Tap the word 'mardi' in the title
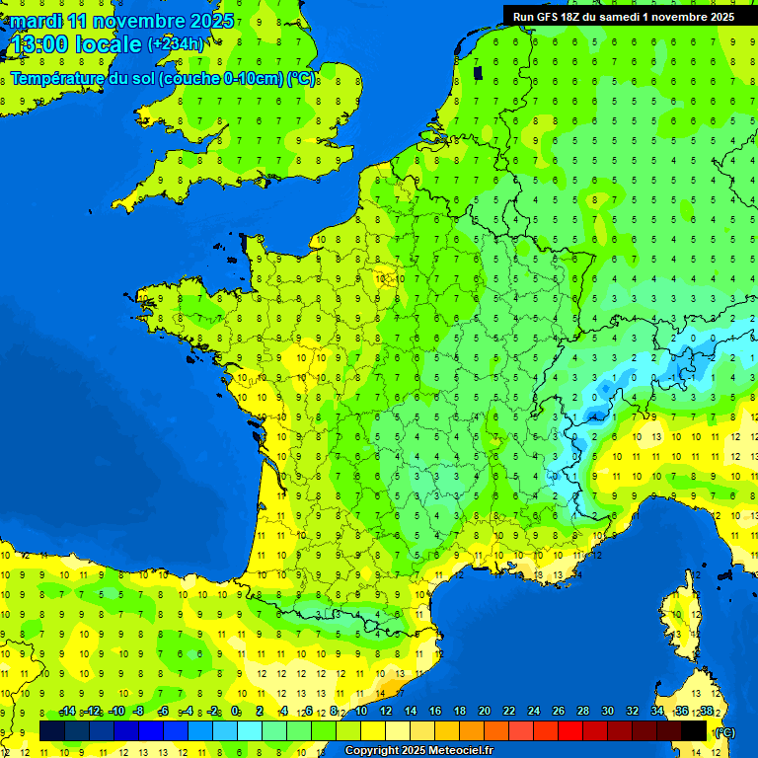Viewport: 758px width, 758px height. (36, 21)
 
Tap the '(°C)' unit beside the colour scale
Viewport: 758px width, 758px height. (723, 732)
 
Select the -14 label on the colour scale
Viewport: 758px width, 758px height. (67, 712)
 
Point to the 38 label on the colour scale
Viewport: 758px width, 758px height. (706, 712)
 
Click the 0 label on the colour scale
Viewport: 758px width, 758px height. (236, 712)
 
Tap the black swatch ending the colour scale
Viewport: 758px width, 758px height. (694, 731)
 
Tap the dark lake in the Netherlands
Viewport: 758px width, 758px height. (478, 72)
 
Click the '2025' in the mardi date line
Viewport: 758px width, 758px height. (210, 21)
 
